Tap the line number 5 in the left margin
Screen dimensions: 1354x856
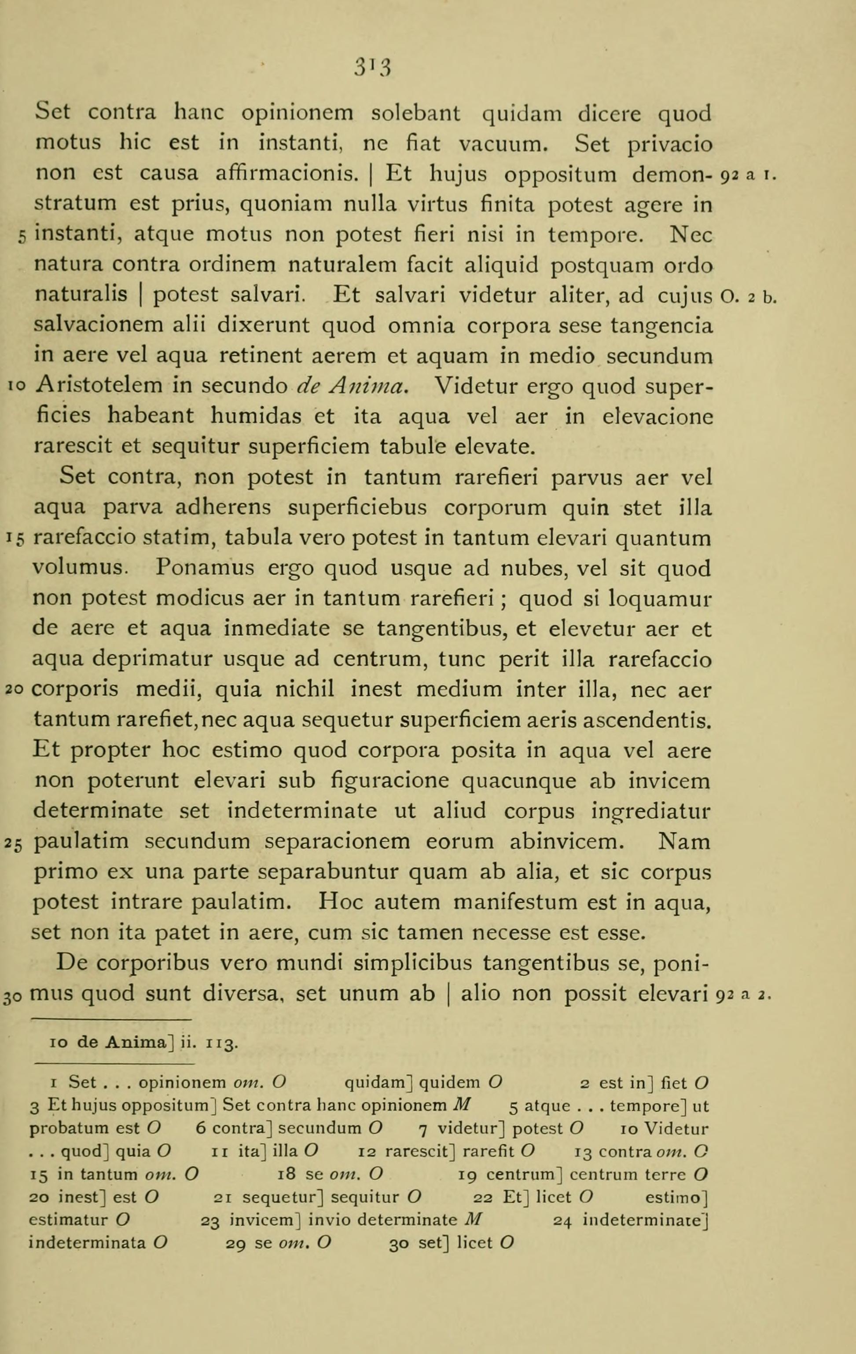21,237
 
